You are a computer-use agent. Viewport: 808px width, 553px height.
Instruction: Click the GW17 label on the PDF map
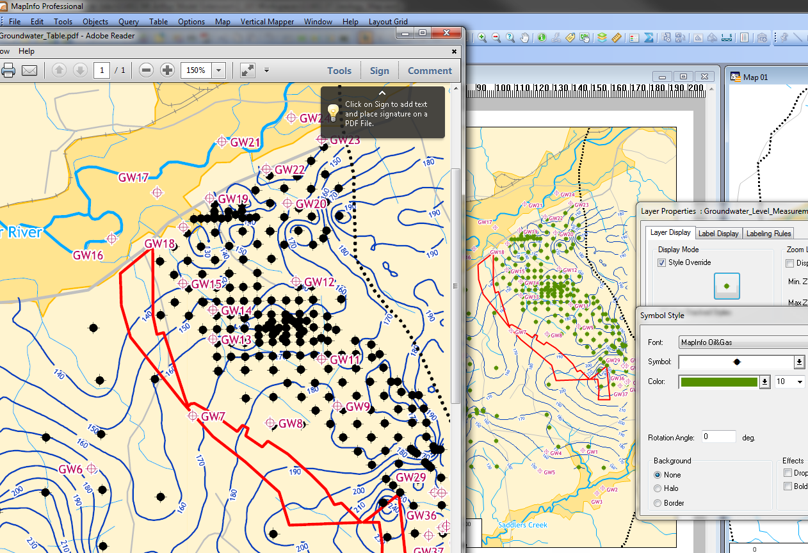[133, 177]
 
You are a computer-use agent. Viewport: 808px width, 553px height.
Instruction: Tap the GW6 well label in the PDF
[70, 469]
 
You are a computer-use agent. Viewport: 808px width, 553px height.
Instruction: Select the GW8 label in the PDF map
[291, 423]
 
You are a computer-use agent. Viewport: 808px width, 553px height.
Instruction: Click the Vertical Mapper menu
[267, 22]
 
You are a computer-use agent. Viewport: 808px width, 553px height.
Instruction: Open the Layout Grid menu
[388, 22]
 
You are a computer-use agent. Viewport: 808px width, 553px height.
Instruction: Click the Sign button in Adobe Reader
[379, 71]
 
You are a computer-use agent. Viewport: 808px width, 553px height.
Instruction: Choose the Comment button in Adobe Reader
[430, 71]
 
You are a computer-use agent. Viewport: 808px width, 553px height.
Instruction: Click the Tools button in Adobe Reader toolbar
[339, 71]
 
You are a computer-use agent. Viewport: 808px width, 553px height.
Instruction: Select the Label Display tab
[718, 234]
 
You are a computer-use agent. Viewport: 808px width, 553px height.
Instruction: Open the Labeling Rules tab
[768, 234]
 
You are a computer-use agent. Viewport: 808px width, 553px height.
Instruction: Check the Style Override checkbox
[662, 262]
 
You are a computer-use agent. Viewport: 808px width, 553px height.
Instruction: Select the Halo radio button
[658, 488]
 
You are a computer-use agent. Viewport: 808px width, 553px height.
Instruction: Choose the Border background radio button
[658, 503]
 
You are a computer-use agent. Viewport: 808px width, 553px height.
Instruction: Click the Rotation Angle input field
[718, 437]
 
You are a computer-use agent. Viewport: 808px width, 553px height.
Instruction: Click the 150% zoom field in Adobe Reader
[196, 70]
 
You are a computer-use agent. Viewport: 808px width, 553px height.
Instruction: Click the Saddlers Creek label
[522, 525]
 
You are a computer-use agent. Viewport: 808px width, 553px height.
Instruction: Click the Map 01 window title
[755, 77]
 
